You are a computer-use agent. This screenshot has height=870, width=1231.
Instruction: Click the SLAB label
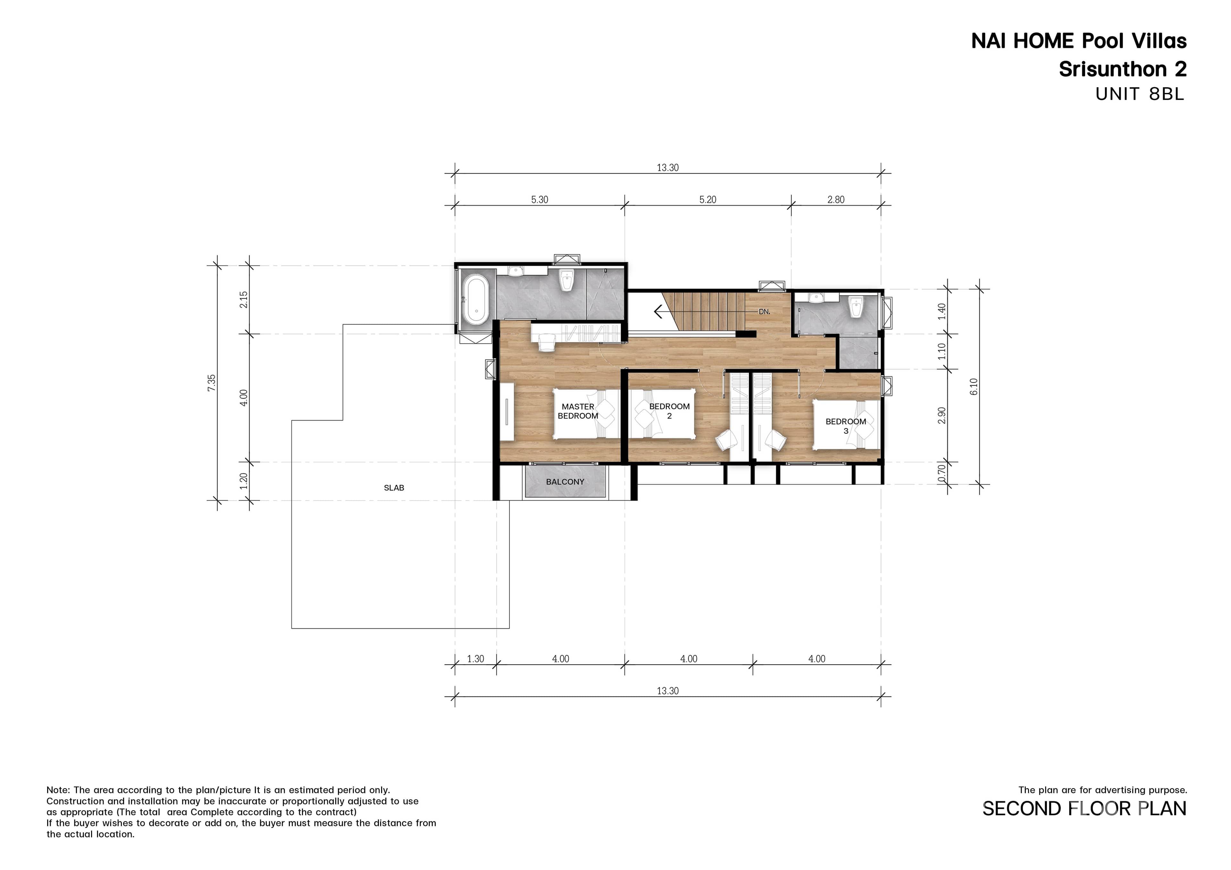point(394,487)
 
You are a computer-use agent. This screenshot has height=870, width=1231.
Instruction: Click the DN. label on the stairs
point(764,311)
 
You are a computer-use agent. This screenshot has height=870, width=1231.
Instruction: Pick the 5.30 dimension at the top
point(540,199)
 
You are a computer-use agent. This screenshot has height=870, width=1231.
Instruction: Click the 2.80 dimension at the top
point(835,199)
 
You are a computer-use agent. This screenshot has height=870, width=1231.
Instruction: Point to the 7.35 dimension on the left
point(212,382)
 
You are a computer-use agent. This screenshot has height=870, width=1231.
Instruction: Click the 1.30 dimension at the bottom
point(475,659)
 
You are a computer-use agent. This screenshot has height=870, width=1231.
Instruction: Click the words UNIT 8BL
point(1139,94)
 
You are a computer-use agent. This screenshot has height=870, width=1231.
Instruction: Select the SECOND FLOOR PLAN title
point(1084,808)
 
